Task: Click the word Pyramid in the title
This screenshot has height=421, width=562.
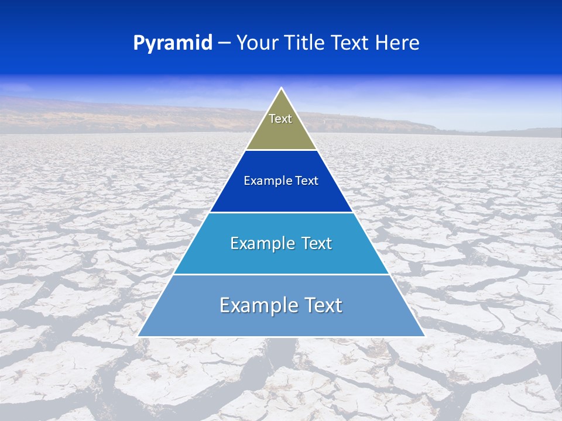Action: click(172, 43)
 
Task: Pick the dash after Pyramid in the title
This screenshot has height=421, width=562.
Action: click(224, 43)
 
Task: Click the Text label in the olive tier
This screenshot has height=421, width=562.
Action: click(280, 119)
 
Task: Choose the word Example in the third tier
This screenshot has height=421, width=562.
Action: click(259, 243)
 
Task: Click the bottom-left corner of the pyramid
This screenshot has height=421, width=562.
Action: click(138, 336)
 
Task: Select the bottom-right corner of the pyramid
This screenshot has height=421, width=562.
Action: click(424, 336)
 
